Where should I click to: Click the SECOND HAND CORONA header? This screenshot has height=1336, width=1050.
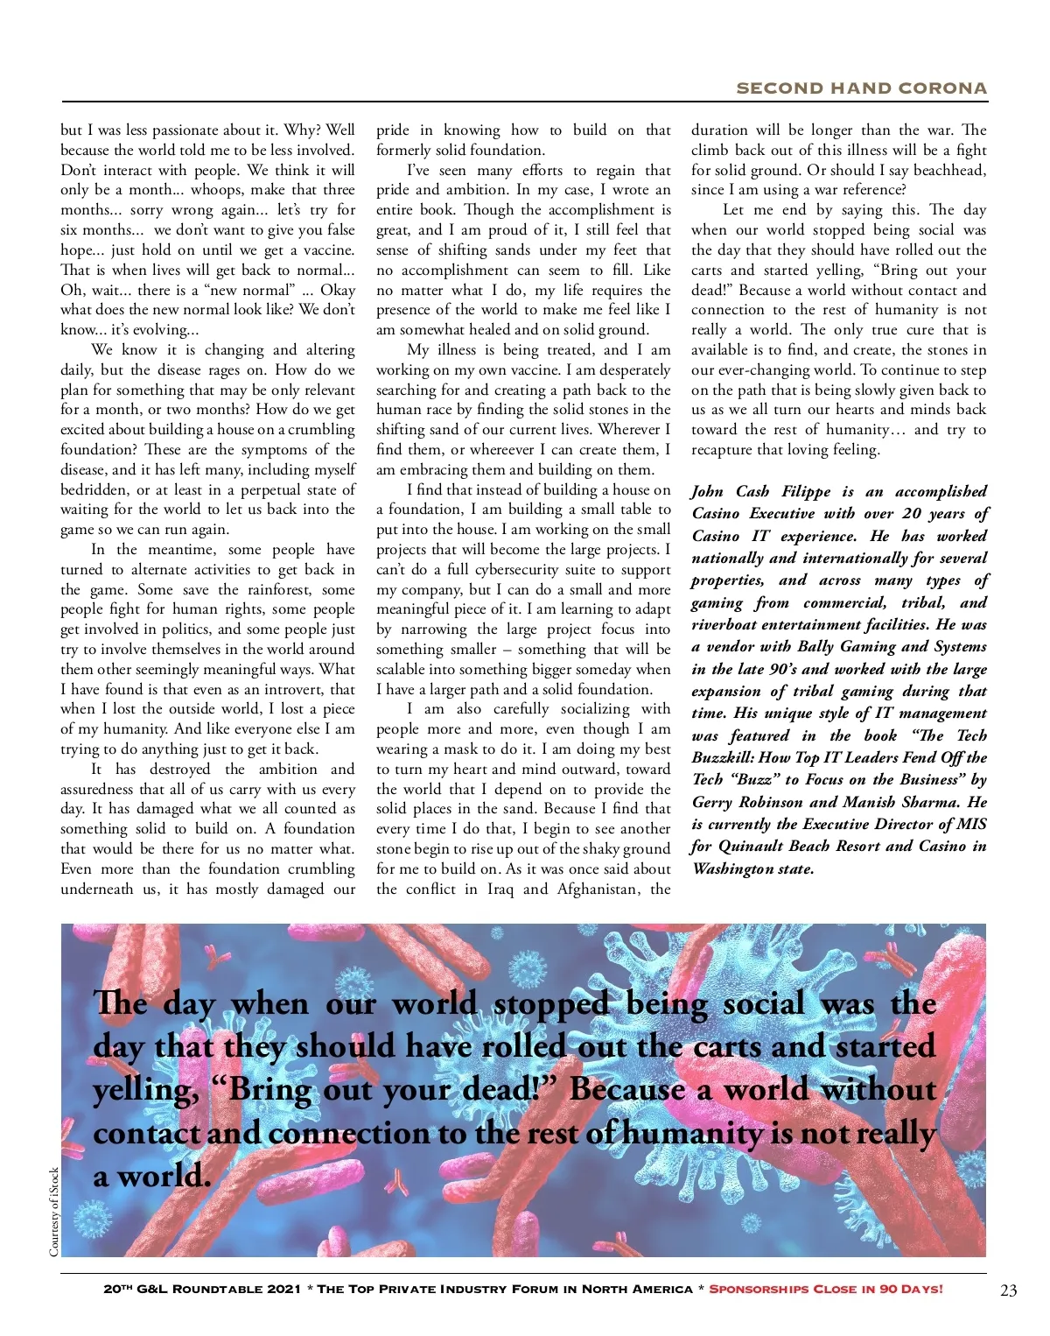click(x=861, y=88)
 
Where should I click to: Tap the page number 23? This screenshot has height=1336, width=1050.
click(x=1009, y=1290)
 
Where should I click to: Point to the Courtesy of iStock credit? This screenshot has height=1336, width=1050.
click(x=54, y=1212)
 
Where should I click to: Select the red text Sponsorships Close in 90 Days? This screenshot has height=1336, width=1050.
click(x=826, y=1289)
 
